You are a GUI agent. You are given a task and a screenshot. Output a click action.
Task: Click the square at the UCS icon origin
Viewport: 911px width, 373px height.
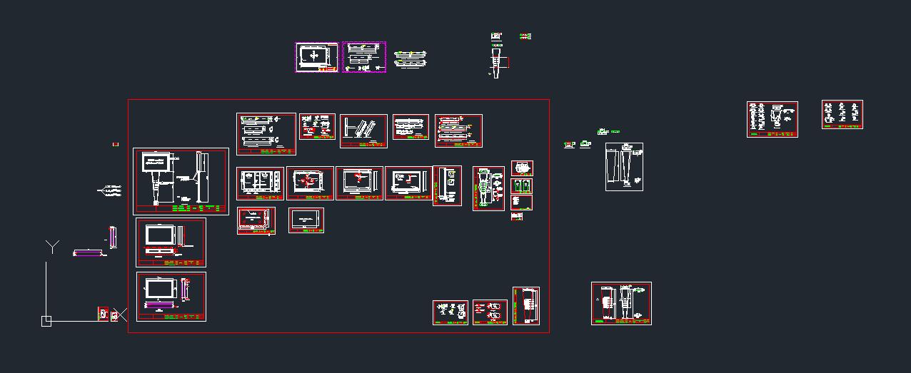click(x=46, y=321)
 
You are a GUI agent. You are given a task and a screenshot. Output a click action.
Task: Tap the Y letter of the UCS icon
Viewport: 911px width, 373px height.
click(x=53, y=247)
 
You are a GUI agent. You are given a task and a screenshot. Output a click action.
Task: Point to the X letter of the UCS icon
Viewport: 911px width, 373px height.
click(x=121, y=314)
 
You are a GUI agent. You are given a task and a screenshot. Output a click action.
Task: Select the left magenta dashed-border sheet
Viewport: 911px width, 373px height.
click(x=317, y=57)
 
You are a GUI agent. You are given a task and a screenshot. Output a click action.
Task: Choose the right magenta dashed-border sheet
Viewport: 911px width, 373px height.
click(x=364, y=57)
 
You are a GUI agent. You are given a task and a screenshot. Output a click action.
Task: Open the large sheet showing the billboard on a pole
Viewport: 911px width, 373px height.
click(x=181, y=181)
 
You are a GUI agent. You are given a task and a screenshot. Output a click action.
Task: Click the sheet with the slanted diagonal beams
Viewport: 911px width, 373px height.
click(x=363, y=131)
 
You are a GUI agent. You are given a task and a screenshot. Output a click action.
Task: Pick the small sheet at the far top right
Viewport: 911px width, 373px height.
click(x=842, y=114)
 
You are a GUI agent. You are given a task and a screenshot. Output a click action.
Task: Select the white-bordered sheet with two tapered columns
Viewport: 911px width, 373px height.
click(x=624, y=167)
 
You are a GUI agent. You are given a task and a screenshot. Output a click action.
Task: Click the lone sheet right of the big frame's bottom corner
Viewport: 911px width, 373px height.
click(x=621, y=303)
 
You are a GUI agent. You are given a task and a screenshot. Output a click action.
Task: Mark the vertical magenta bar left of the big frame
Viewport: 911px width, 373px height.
click(x=112, y=236)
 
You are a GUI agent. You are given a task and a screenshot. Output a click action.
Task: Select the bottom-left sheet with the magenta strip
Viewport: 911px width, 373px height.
click(x=171, y=297)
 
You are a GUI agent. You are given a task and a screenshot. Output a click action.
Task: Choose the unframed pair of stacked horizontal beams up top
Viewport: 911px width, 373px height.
click(x=410, y=58)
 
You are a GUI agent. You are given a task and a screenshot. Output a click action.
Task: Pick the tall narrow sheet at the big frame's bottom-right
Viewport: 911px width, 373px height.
click(x=525, y=305)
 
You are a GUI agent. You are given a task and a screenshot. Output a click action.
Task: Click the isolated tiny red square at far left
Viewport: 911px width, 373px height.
click(x=115, y=145)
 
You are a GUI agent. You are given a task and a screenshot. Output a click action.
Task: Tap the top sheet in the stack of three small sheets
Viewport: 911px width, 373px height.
click(x=522, y=168)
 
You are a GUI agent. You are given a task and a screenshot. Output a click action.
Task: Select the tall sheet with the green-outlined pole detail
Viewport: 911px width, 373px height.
click(x=488, y=188)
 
